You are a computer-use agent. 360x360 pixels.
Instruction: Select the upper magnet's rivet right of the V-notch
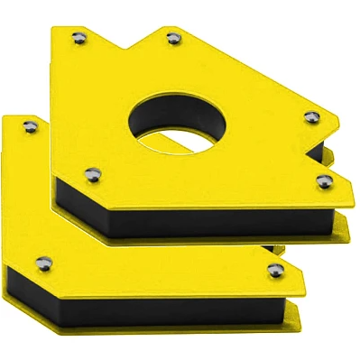[x=172, y=38]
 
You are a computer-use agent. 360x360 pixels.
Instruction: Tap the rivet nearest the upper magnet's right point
[x=310, y=116]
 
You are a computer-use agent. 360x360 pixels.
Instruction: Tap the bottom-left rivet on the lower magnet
[x=41, y=263]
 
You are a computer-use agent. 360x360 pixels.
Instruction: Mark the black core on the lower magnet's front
[x=135, y=307]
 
